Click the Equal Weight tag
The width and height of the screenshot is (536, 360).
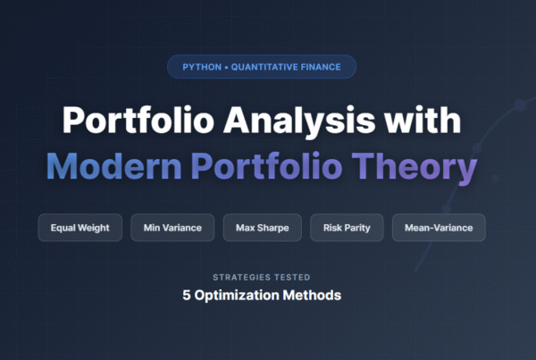pos(80,228)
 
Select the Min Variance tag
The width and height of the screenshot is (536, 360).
pos(172,228)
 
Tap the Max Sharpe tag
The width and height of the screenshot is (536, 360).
pos(263,228)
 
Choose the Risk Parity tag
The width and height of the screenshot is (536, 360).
pos(348,228)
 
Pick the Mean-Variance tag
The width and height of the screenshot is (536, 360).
pos(439,228)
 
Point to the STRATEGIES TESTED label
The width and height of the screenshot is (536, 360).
pos(267,277)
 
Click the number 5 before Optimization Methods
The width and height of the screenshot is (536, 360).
pos(199,295)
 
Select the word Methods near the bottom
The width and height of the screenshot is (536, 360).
pos(314,295)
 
